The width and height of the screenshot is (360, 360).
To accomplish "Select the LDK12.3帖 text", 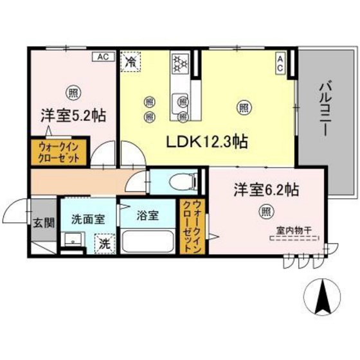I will pyautogui.click(x=209, y=140).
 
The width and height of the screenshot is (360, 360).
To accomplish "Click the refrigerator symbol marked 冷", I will pyautogui.click(x=131, y=63).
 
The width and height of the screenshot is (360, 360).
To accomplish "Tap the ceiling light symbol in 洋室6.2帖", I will pyautogui.click(x=265, y=211).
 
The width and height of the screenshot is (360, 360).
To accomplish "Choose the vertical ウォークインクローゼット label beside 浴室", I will pyautogui.click(x=191, y=225).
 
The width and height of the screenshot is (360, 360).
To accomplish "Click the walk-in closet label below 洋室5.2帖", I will pyautogui.click(x=59, y=152).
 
